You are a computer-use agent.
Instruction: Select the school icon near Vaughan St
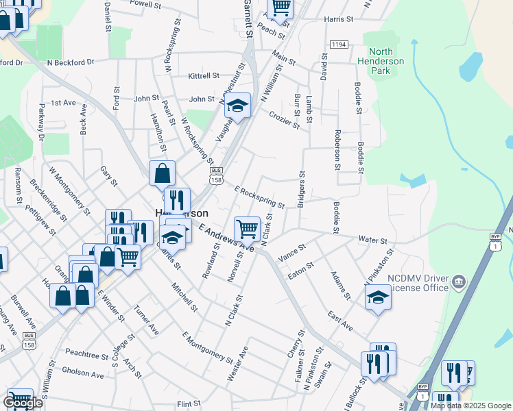[238, 107]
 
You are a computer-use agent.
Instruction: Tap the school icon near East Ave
[377, 298]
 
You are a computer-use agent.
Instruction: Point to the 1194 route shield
[338, 44]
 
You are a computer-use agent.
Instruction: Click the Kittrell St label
[203, 76]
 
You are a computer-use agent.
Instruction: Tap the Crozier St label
[284, 120]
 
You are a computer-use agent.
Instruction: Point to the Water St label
[373, 240]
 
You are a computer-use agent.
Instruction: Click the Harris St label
[338, 19]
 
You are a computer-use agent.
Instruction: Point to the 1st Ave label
[63, 103]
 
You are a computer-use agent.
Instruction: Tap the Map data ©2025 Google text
[470, 406]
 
